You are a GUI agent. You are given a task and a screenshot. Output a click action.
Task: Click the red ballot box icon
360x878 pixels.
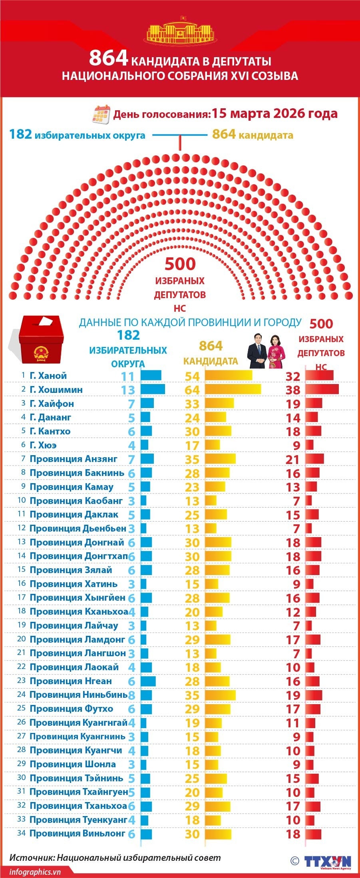coord(41,340)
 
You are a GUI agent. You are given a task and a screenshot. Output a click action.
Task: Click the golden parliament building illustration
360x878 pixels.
coord(180,32)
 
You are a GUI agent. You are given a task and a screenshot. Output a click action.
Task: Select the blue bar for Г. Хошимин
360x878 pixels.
coord(153,389)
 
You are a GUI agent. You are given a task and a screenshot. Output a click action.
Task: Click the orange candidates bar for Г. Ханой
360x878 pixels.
coord(229,376)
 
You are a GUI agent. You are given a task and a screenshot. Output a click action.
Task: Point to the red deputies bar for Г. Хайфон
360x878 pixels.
coord(314,403)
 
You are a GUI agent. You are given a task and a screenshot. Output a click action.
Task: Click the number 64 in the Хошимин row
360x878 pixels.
coord(192,390)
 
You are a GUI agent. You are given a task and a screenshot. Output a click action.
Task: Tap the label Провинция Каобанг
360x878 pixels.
coord(76,501)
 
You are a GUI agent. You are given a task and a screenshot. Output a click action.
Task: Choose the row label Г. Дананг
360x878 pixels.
coord(50,417)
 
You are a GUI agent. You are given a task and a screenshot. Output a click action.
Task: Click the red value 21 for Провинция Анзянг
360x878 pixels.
coord(292,459)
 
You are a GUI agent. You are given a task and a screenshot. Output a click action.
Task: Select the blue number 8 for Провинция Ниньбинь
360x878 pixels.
coord(131,695)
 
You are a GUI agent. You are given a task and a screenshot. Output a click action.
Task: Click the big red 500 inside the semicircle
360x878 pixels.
coord(180,264)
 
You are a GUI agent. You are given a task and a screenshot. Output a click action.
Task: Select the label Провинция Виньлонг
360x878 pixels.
coord(78,833)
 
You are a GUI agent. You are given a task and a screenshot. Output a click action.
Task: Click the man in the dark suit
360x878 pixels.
coord(257,351)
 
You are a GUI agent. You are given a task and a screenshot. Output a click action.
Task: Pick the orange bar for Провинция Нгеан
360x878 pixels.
coord(217,681)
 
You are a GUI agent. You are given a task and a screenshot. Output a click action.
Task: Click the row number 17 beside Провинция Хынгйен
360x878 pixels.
coord(22,597)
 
